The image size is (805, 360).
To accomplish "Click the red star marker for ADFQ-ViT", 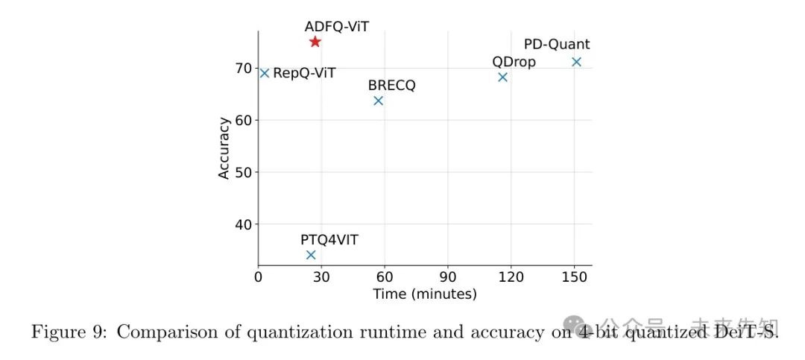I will tap(315, 42).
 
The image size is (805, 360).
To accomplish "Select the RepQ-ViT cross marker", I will tap(264, 73).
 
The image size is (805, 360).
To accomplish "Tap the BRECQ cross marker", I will tap(378, 101).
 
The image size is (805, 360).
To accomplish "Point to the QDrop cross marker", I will tap(502, 77).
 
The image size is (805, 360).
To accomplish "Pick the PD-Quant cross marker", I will tap(576, 62).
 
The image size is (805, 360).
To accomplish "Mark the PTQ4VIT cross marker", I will tap(311, 255).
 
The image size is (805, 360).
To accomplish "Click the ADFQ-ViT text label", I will tap(336, 27).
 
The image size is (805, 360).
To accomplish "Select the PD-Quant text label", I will tap(557, 45).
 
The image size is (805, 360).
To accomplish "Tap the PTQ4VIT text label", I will tap(329, 239).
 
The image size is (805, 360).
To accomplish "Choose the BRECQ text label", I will tap(392, 85).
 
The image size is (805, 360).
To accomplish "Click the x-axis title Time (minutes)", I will tap(425, 294).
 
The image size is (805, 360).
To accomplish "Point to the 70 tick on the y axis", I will tap(243, 69).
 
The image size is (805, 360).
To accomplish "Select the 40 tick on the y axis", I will tap(243, 224).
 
